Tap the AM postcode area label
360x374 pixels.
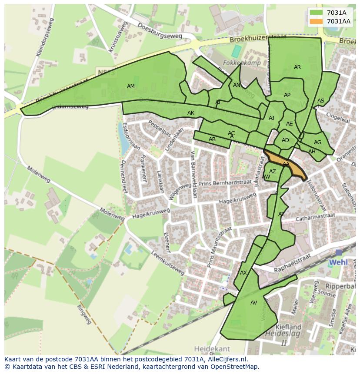(130, 86)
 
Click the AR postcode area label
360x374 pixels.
(297, 67)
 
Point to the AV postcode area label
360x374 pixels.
(254, 303)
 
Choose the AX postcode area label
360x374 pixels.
(243, 273)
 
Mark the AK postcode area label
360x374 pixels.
(191, 113)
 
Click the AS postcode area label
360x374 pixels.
(321, 101)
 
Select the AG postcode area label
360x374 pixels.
(317, 142)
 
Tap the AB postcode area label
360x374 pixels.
(212, 139)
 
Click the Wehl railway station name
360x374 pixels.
(338, 262)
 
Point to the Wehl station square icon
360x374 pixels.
(339, 252)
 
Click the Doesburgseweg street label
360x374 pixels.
(159, 31)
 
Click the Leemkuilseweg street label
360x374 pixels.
(167, 263)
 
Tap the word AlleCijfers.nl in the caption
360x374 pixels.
(226, 359)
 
